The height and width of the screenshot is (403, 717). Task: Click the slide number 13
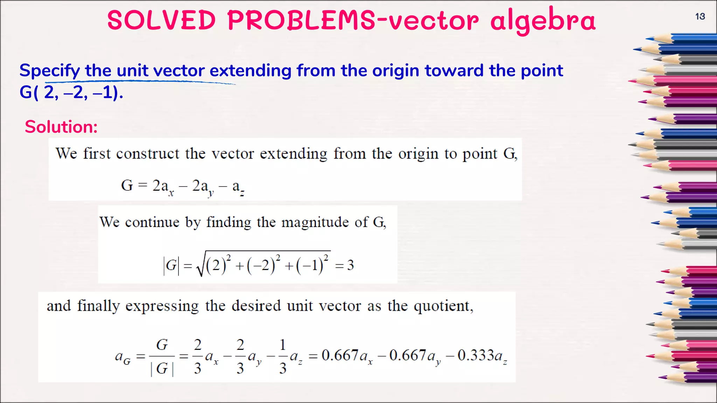(700, 16)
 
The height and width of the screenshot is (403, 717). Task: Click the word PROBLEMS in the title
(301, 20)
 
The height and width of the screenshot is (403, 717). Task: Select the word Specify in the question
(49, 71)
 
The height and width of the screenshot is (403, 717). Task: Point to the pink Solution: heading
(61, 127)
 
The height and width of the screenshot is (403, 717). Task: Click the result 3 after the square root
(350, 265)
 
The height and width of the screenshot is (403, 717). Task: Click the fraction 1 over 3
(283, 356)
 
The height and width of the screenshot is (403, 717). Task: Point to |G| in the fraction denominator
(162, 368)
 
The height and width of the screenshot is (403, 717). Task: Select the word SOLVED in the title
(161, 20)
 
